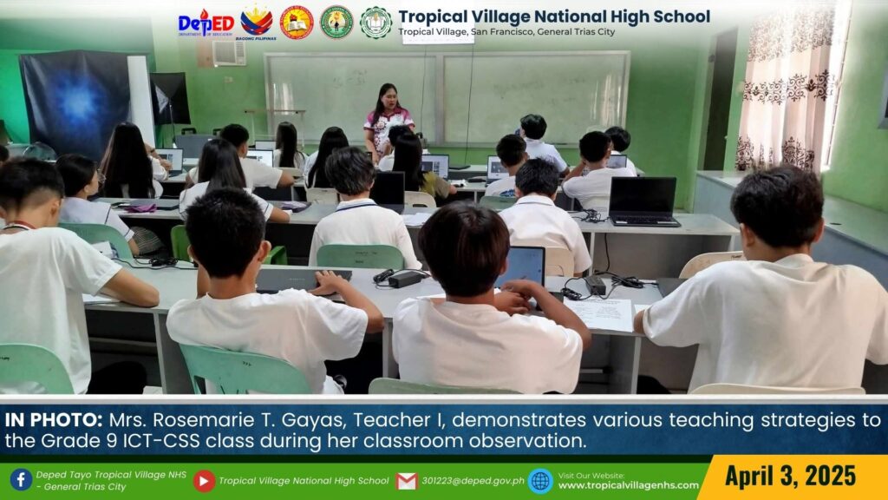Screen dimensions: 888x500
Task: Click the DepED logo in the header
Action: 206,23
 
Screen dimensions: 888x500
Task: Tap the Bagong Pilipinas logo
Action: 257,23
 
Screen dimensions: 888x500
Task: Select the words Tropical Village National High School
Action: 554,16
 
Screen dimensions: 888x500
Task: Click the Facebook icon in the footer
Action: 21,479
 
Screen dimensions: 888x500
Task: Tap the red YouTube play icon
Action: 204,481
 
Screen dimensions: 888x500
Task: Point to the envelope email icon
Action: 407,481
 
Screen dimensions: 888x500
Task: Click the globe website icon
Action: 540,481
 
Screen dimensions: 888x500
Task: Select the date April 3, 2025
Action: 790,476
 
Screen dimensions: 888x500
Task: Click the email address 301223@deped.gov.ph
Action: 473,481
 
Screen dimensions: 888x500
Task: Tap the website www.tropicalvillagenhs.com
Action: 629,485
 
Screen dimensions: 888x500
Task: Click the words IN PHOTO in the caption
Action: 54,420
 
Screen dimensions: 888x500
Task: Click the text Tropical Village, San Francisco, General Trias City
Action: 506,32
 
